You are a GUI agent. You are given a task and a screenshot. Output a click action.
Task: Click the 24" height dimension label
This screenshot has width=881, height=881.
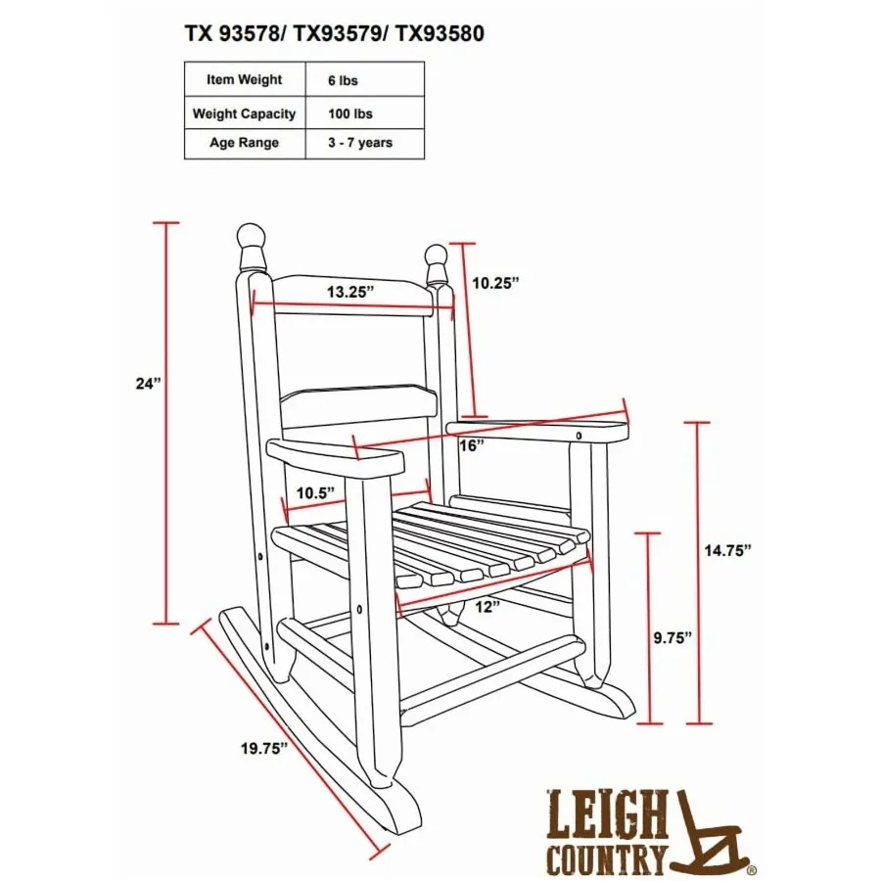point(148,385)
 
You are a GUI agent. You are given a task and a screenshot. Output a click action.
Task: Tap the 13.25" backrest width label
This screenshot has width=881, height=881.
point(350,292)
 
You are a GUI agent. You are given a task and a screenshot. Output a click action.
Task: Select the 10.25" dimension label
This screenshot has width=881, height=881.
point(495,283)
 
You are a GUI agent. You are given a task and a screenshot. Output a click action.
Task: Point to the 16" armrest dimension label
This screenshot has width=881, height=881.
point(472,445)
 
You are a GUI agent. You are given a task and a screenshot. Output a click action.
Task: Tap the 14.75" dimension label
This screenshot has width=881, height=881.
point(728,550)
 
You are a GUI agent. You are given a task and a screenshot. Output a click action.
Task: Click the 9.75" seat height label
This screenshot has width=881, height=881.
point(672,638)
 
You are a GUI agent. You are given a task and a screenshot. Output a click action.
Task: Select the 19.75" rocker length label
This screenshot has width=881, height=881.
point(264,749)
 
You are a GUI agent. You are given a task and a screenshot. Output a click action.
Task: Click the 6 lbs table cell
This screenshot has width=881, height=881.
point(343,81)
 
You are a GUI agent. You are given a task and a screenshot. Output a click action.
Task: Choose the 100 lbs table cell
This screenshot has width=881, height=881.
point(350,115)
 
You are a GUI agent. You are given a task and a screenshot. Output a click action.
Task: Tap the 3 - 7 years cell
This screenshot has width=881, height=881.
point(360,143)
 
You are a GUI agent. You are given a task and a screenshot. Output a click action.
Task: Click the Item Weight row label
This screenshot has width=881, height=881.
point(245,80)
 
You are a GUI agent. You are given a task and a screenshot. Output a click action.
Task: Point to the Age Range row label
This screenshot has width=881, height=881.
point(245,143)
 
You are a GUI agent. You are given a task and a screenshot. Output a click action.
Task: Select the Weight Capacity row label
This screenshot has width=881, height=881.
point(245,115)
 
